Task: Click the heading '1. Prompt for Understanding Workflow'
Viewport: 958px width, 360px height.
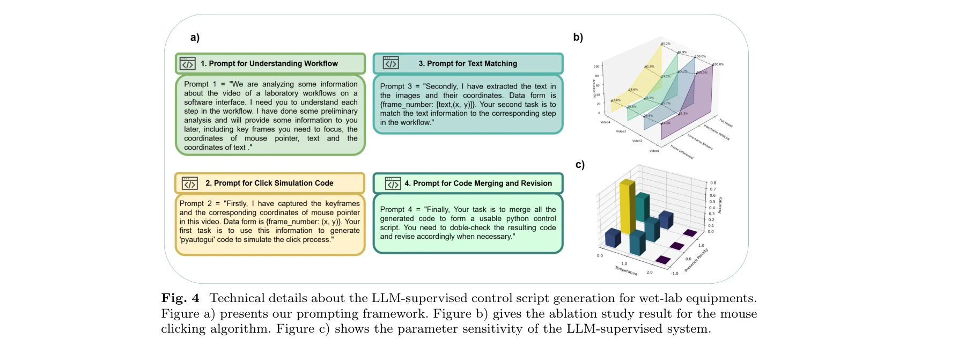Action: pos(269,63)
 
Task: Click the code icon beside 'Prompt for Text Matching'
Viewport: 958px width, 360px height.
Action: pos(390,63)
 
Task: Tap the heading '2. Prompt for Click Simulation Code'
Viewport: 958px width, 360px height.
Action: pos(269,183)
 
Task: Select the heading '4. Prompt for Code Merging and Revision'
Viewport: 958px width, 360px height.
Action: pos(478,183)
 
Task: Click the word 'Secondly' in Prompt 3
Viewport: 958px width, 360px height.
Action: pos(441,86)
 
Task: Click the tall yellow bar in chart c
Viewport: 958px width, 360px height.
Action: pos(627,207)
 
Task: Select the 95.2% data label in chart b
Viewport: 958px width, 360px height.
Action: pos(666,44)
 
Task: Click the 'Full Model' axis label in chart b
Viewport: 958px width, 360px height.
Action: pos(726,123)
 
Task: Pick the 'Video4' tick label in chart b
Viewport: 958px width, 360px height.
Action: pos(605,122)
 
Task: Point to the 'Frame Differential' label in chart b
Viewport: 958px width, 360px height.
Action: pos(682,152)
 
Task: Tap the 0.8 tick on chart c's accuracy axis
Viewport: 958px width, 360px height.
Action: pos(713,183)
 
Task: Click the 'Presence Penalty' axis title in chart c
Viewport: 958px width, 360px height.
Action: pos(696,260)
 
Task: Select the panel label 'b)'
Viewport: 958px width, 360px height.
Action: pos(578,37)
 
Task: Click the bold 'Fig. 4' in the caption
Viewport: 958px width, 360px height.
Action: pos(180,298)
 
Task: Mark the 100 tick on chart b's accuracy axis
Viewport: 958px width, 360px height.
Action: pos(596,67)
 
